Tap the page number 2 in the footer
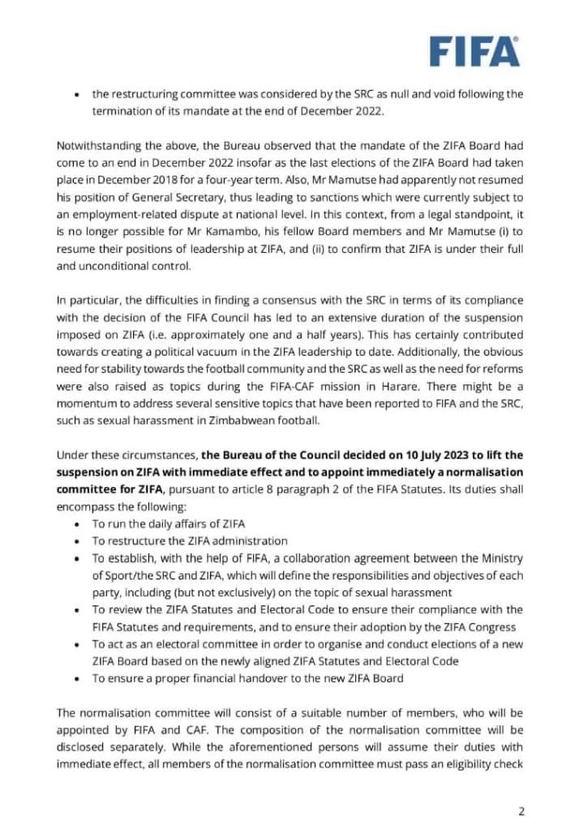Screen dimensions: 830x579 (522, 810)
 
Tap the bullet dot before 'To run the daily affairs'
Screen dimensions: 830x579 (76, 523)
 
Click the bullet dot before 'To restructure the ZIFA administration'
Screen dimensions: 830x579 (76, 541)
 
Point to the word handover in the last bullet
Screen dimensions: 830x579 (251, 678)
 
